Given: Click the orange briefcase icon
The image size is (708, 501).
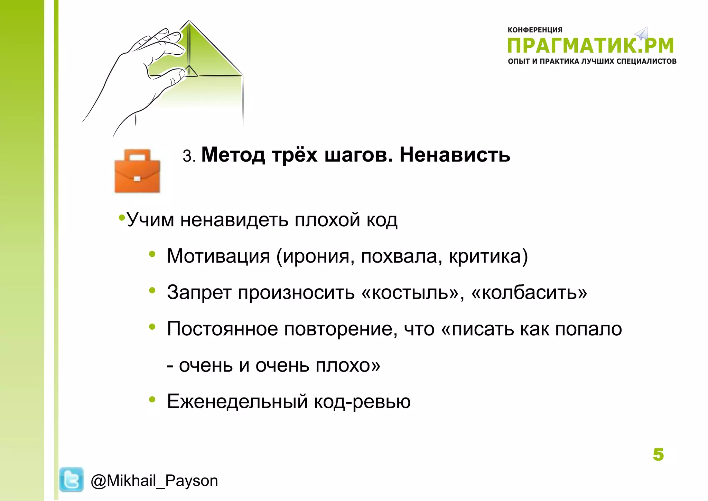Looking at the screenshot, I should click(x=137, y=171).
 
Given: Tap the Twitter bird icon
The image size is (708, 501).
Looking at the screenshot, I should click(x=71, y=480).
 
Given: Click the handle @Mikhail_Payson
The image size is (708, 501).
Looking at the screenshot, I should click(x=154, y=481).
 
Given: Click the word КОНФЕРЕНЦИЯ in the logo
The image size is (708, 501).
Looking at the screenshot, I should click(x=535, y=30).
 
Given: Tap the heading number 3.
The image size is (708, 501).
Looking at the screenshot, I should click(x=187, y=156).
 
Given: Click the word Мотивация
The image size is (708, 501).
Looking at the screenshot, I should click(x=218, y=256).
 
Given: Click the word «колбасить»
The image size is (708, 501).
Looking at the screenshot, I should click(x=529, y=292).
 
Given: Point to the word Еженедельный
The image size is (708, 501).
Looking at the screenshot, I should click(x=237, y=401).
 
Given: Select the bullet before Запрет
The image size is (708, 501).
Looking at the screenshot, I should click(x=152, y=290).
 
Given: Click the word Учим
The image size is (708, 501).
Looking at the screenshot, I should click(x=150, y=220).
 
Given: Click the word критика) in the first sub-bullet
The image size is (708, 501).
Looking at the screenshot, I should click(x=488, y=256).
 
